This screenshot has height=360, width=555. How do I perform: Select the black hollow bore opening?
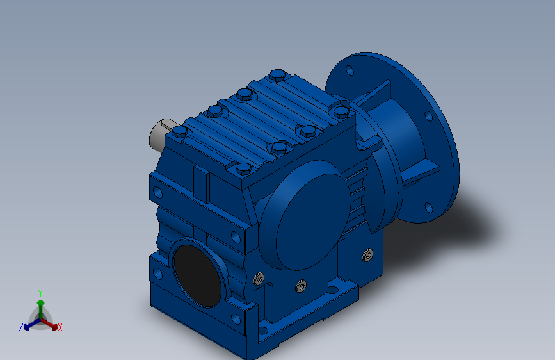tap(198, 275)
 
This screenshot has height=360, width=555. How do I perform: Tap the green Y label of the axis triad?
tap(40, 293)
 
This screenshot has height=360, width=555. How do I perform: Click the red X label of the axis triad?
tap(60, 327)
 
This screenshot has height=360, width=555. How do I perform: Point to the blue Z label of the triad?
tap(21, 327)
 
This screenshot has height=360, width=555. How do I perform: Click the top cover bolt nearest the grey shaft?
tap(180, 131)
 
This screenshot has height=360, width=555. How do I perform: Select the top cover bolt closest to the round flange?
tap(341, 111)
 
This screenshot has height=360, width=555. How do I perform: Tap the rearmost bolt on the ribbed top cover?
tap(278, 75)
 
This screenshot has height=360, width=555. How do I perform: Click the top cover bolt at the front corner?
tap(243, 168)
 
